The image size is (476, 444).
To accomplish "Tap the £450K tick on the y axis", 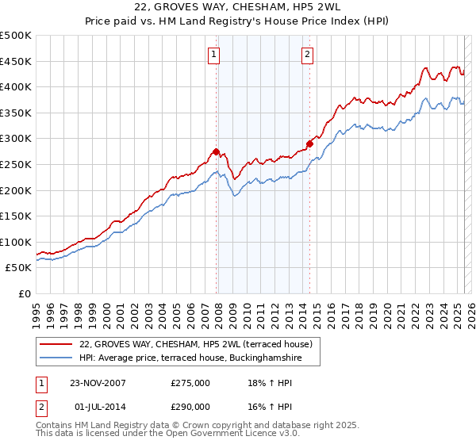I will [16, 61].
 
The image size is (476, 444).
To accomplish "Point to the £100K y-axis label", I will [16, 242].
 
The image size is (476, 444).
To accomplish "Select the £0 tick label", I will [24, 293].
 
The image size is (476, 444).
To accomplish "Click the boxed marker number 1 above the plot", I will [214, 55].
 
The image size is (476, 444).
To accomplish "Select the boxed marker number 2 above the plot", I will [307, 55].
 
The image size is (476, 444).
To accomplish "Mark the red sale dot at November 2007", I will [216, 151].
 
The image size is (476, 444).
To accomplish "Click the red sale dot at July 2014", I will [309, 144].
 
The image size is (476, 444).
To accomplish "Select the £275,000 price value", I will [190, 383].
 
